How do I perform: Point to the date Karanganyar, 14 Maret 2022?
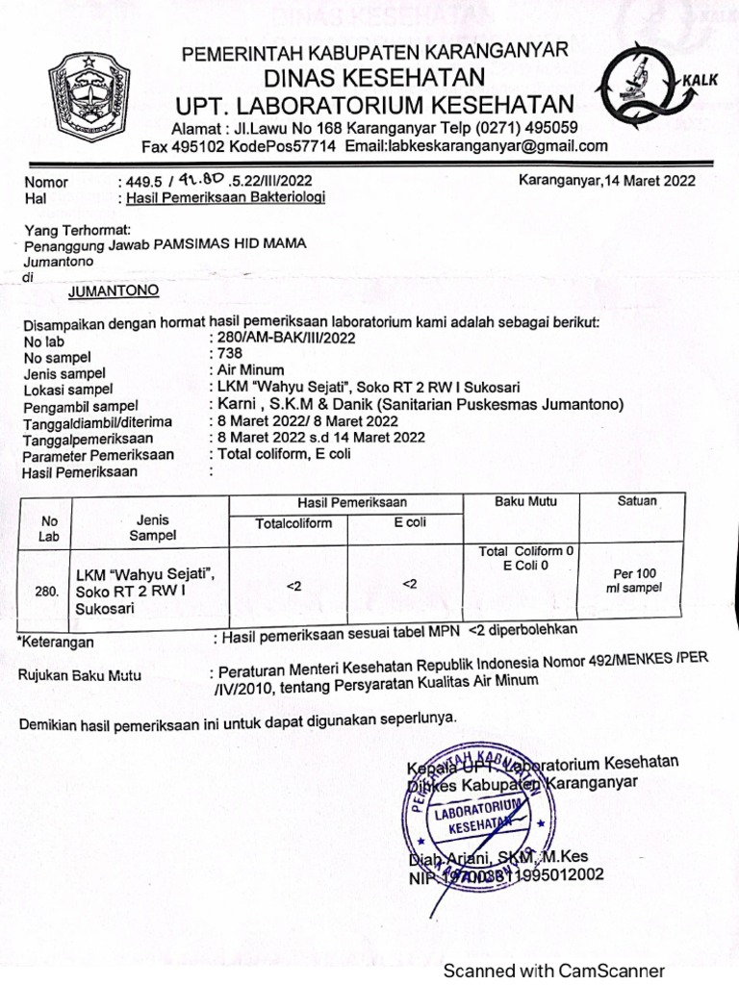(x=607, y=180)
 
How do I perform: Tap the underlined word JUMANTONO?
(x=114, y=290)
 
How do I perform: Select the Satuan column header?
(x=637, y=501)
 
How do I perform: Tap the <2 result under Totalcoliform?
(x=293, y=584)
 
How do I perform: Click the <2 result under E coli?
(x=409, y=583)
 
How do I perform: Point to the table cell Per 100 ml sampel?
(x=636, y=581)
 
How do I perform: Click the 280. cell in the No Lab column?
(x=46, y=593)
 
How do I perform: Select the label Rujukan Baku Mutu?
(x=80, y=675)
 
